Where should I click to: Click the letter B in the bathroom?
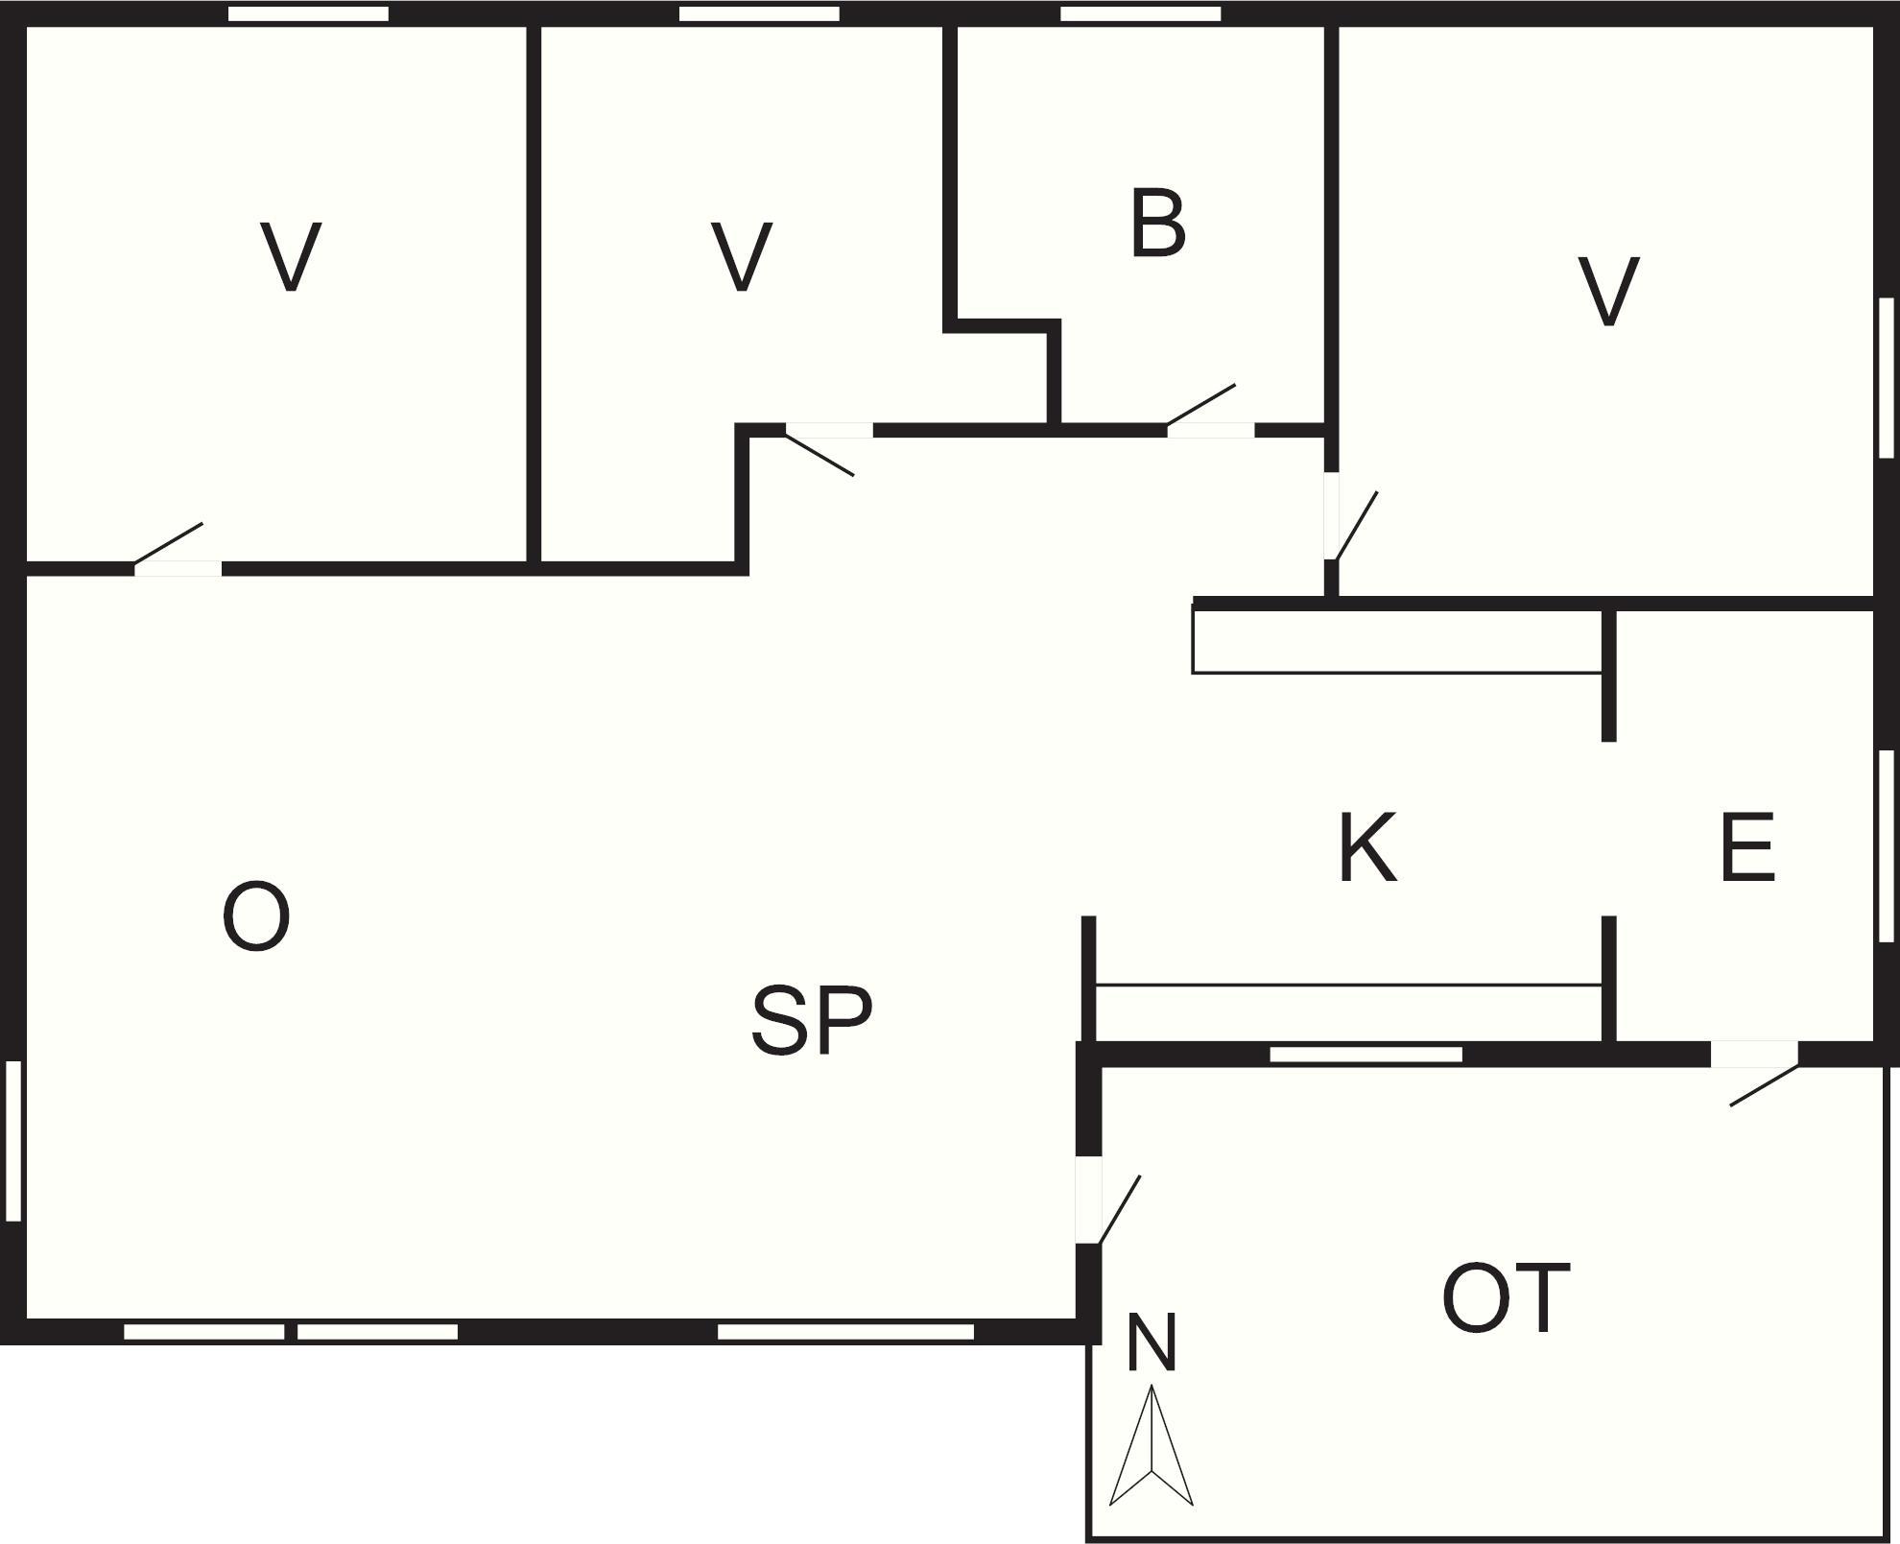point(1157,224)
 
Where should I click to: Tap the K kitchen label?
point(1366,847)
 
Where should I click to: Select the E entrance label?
point(1746,847)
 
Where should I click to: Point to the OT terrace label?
point(1506,1299)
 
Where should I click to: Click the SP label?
point(812,1020)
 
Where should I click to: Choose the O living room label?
point(256,917)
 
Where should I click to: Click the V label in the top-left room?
point(291,257)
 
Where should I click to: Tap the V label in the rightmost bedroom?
point(1608,292)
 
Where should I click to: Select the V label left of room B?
point(742,257)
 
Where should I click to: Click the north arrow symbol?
point(1151,1447)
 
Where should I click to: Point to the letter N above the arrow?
point(1151,1343)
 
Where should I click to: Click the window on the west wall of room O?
point(13,1140)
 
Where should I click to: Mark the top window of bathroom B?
point(1140,13)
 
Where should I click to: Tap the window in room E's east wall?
point(1886,845)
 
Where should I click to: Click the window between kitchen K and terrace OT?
point(1366,1055)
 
